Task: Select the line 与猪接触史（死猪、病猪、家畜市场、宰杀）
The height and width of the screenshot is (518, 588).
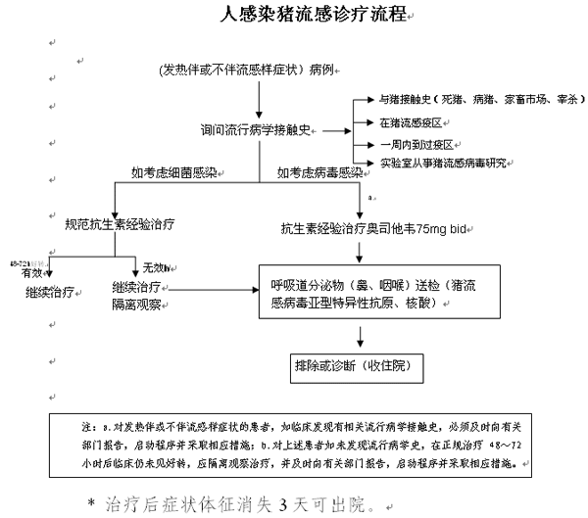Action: [x=469, y=100]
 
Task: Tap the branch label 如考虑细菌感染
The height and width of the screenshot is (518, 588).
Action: [x=175, y=173]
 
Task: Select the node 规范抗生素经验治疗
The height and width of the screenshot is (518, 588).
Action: [x=120, y=224]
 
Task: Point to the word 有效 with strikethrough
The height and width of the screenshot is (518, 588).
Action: [x=30, y=272]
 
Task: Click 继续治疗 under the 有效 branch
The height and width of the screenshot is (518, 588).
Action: [x=51, y=292]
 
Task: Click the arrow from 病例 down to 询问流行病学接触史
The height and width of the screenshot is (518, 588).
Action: [x=259, y=98]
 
